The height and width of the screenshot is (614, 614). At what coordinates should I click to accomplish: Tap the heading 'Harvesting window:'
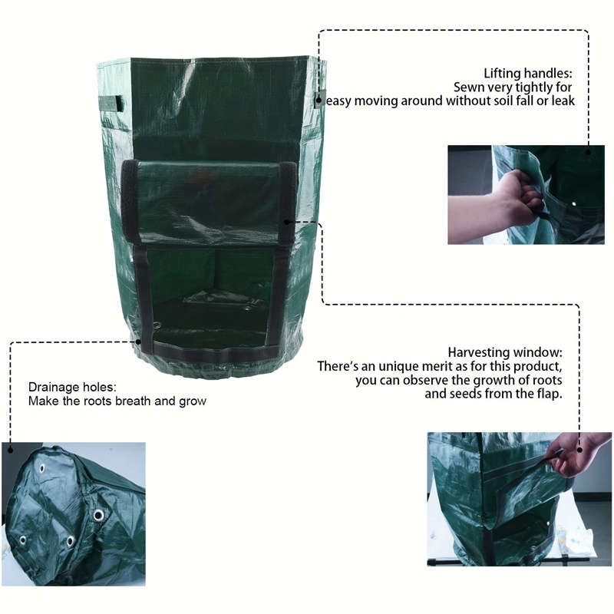506,352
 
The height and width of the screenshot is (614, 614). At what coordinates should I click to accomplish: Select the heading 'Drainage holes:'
73,387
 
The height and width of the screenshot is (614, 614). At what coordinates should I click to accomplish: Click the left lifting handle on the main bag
111,102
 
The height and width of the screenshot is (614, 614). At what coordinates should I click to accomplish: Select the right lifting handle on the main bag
319,97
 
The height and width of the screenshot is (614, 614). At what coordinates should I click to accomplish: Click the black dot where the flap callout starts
286,222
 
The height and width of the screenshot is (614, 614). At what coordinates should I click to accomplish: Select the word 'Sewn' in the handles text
469,87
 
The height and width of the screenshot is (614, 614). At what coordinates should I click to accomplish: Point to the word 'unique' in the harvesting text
391,366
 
